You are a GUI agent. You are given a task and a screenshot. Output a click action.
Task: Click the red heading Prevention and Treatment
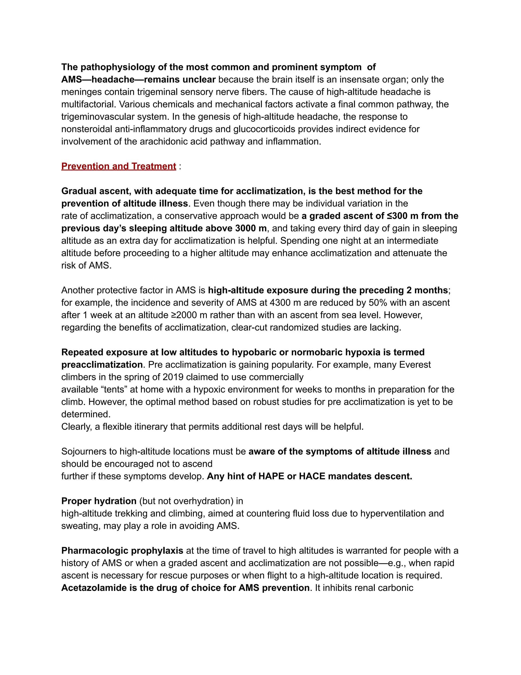pos(119,166)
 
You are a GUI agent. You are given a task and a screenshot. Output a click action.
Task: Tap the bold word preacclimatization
pos(102,365)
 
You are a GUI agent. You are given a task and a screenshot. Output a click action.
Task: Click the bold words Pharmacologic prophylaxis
pos(122,550)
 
